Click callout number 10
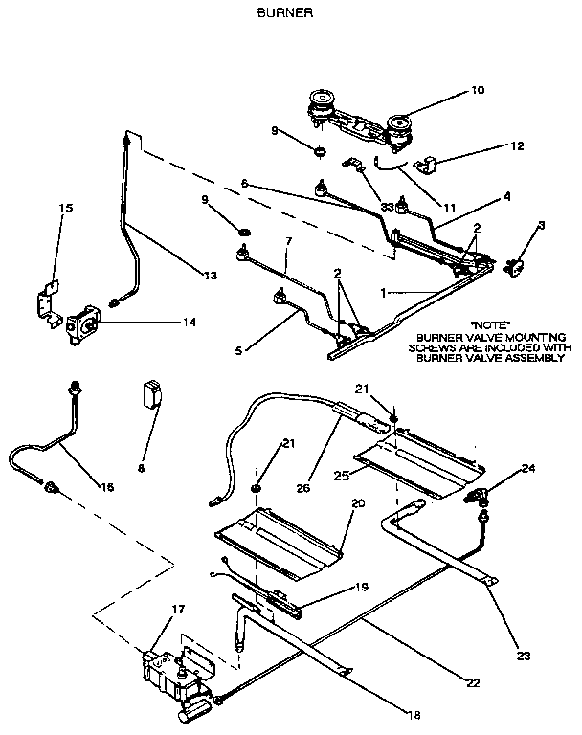(478, 90)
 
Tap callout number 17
(178, 608)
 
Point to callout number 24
(527, 468)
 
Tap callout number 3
(541, 225)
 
